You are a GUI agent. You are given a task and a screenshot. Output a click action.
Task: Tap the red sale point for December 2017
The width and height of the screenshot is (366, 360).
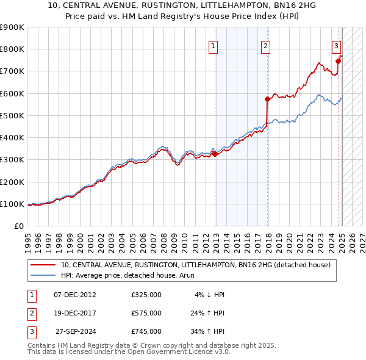point(267,99)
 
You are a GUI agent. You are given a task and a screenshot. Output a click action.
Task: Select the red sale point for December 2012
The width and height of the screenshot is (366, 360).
point(215,154)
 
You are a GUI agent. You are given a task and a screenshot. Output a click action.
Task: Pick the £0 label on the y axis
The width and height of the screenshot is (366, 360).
point(18,226)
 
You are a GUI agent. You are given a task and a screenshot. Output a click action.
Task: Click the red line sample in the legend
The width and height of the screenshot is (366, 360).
point(43,265)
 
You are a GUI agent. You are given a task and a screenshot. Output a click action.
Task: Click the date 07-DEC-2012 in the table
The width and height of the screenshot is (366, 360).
point(75,295)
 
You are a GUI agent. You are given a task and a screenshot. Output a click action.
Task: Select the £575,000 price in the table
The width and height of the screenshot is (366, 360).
point(146,313)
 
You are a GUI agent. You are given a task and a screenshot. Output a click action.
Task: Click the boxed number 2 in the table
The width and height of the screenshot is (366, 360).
point(32,313)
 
